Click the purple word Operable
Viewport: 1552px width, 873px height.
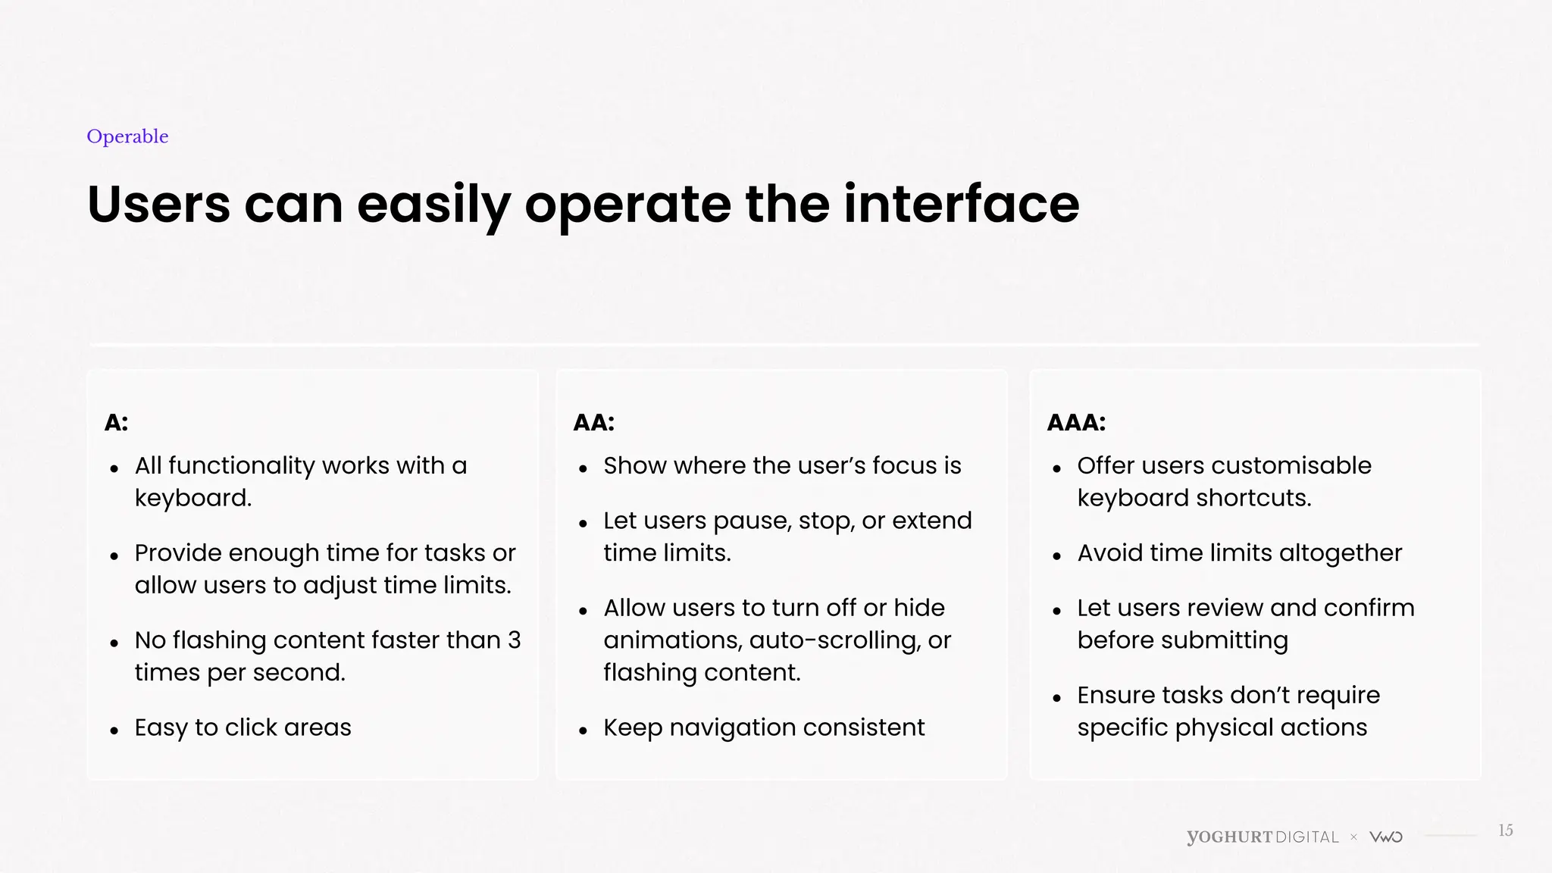click(x=127, y=136)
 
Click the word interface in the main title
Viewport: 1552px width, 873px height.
click(x=961, y=204)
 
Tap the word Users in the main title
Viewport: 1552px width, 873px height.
click(x=158, y=204)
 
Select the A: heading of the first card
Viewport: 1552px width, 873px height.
click(x=116, y=423)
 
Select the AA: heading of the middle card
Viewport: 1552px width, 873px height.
click(x=593, y=423)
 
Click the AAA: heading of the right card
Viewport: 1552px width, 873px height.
click(x=1075, y=423)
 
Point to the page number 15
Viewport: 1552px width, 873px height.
click(x=1505, y=831)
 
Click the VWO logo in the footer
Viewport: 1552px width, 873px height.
click(x=1386, y=837)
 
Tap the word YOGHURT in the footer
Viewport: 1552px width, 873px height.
click(x=1229, y=837)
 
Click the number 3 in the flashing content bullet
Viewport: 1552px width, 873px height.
click(x=514, y=640)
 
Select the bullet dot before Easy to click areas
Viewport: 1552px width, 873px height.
click(x=114, y=731)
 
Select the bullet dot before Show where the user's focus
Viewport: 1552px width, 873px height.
click(x=583, y=469)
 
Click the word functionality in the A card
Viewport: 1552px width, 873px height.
click(x=240, y=465)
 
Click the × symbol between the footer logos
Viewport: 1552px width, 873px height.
click(x=1353, y=837)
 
